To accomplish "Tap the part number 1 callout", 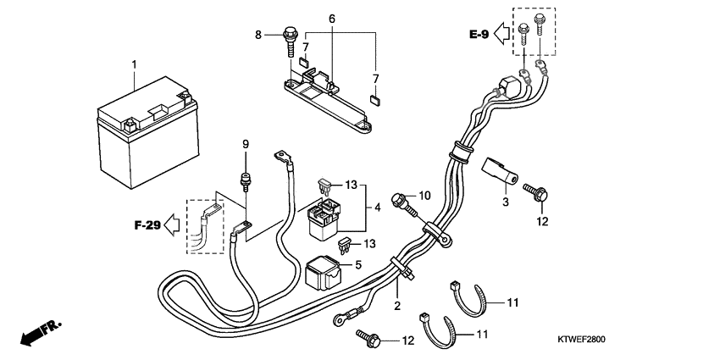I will pyautogui.click(x=133, y=64).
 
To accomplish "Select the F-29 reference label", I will pyautogui.click(x=147, y=226).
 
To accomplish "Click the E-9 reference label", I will pyautogui.click(x=479, y=35).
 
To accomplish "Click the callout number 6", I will pyautogui.click(x=331, y=18).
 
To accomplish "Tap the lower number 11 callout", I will pyautogui.click(x=483, y=335).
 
